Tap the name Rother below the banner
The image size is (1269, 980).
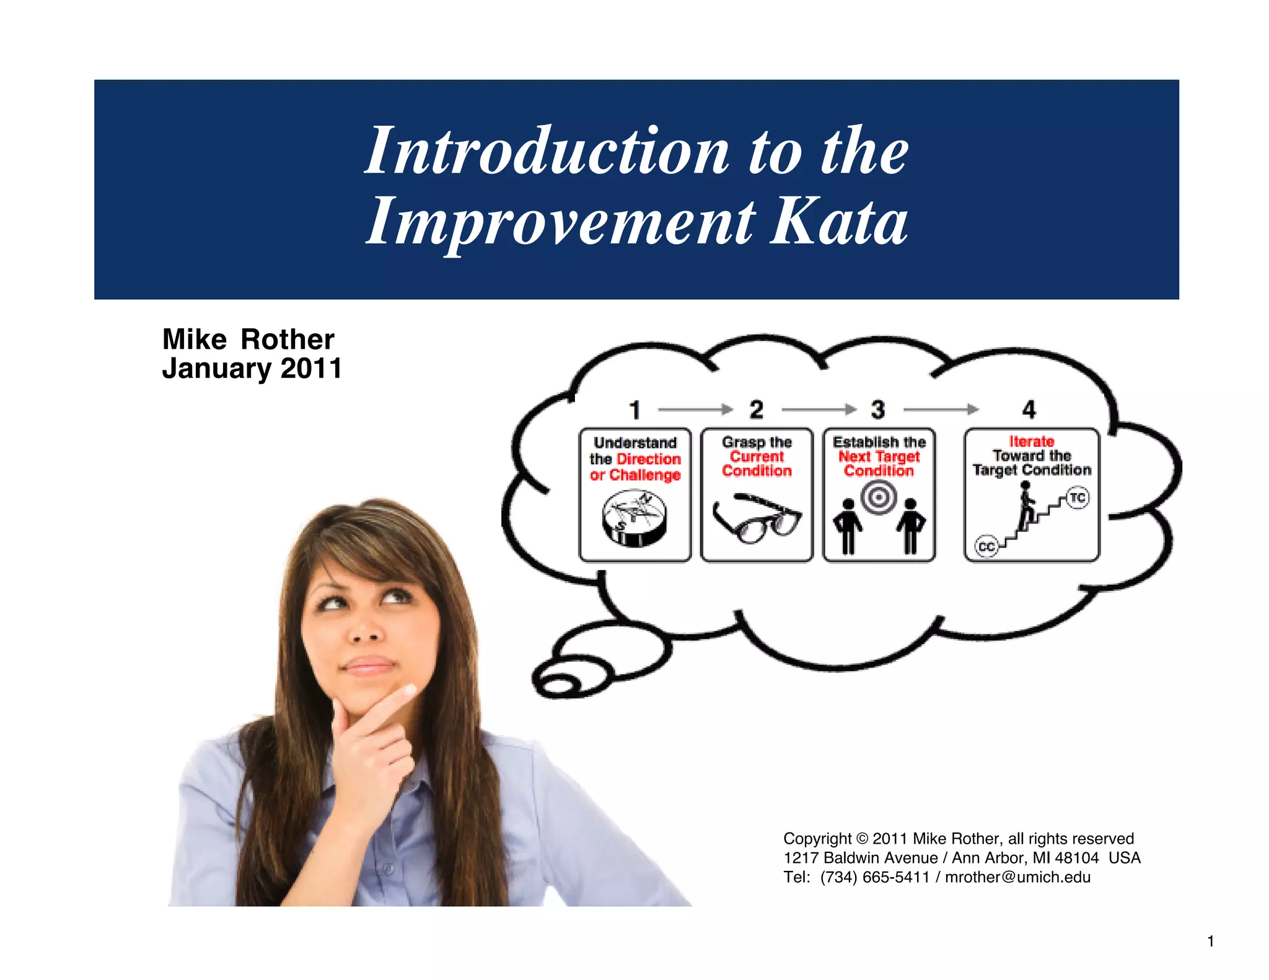tap(288, 339)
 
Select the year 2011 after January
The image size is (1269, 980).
tap(311, 369)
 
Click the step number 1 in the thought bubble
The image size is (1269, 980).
tap(634, 410)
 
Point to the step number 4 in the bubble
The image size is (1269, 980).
tap(1029, 409)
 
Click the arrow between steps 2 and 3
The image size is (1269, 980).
tap(818, 409)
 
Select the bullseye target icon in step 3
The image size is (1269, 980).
tap(879, 497)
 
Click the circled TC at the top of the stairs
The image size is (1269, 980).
tap(1078, 497)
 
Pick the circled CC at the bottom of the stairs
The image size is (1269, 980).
tap(986, 547)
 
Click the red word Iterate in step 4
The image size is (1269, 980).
tap(1032, 442)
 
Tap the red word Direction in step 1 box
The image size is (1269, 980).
tap(649, 459)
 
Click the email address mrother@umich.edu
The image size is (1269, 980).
tap(1017, 877)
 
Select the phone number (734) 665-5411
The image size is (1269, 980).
tap(875, 877)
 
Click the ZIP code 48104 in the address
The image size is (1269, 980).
tap(1077, 858)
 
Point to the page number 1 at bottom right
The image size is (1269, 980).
tap(1210, 942)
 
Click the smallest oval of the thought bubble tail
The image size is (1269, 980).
tap(558, 685)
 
